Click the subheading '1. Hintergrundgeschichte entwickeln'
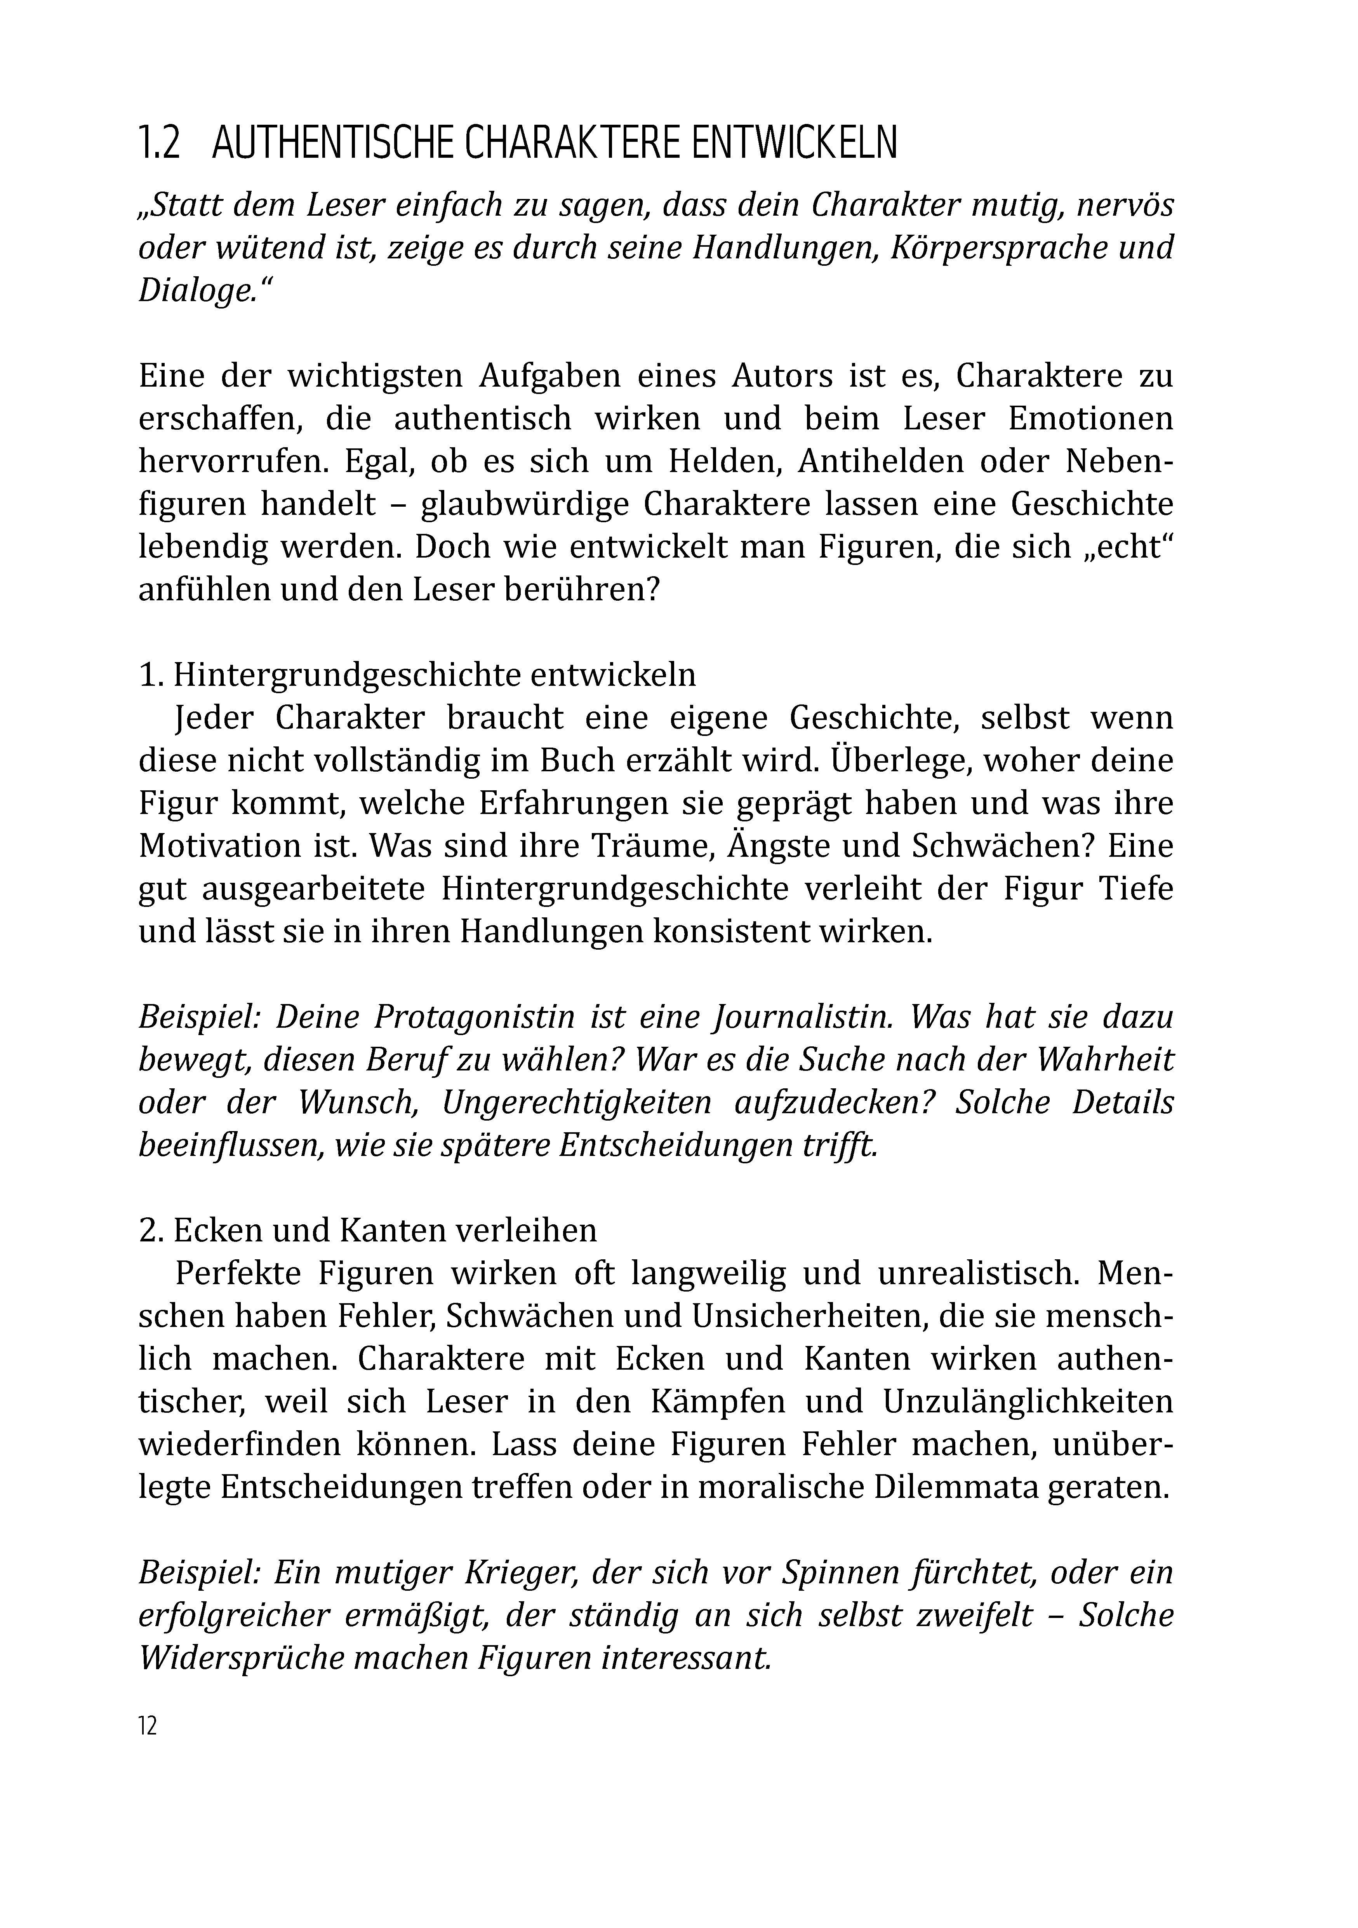417,675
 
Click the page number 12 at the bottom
148,1727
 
